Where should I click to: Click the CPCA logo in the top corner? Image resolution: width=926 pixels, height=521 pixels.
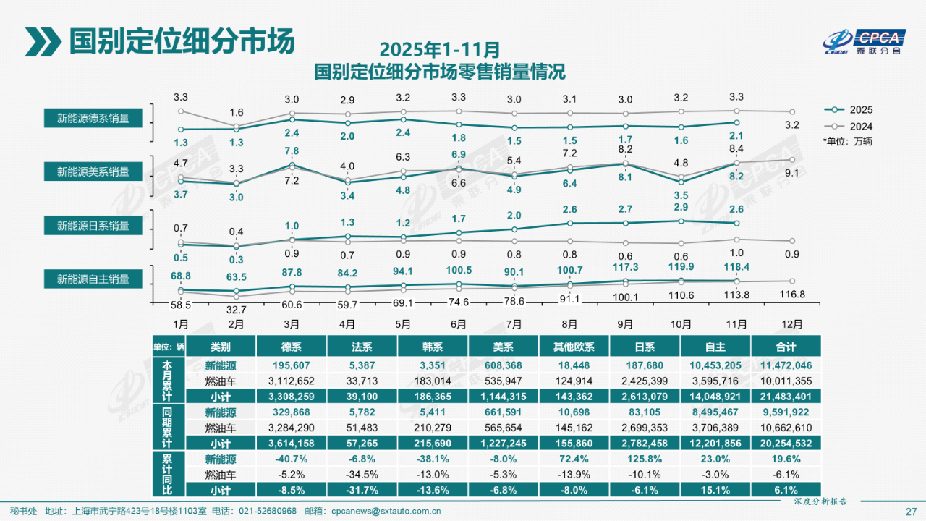coord(865,43)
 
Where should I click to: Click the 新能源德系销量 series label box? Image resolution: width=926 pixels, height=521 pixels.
coord(93,119)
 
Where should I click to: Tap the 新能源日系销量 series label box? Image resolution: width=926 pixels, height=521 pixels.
coord(93,226)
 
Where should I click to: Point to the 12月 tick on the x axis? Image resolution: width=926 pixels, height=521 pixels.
coord(792,324)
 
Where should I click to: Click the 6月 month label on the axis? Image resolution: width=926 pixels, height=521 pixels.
coord(458,324)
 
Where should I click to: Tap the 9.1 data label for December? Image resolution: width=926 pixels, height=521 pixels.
coord(792,173)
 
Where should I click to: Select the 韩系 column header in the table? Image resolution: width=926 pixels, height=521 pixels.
coord(433,347)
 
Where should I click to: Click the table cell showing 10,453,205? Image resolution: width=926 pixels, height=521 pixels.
coord(715,365)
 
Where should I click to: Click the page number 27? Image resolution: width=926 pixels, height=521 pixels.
coord(911,512)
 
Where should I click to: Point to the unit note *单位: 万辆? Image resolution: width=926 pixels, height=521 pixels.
coord(847,141)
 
